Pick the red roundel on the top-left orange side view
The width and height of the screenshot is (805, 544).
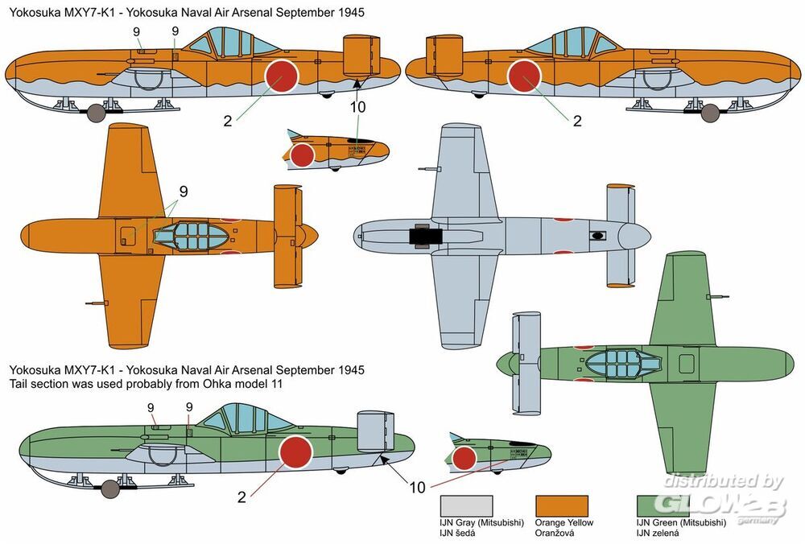(282, 77)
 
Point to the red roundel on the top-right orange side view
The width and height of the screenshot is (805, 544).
(524, 77)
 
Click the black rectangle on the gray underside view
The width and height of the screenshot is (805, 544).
(425, 236)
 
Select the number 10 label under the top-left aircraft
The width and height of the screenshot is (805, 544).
(358, 107)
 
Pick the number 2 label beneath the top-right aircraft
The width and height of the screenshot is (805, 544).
(576, 122)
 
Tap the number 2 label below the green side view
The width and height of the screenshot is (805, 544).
(242, 497)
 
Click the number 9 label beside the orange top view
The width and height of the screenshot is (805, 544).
(184, 192)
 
